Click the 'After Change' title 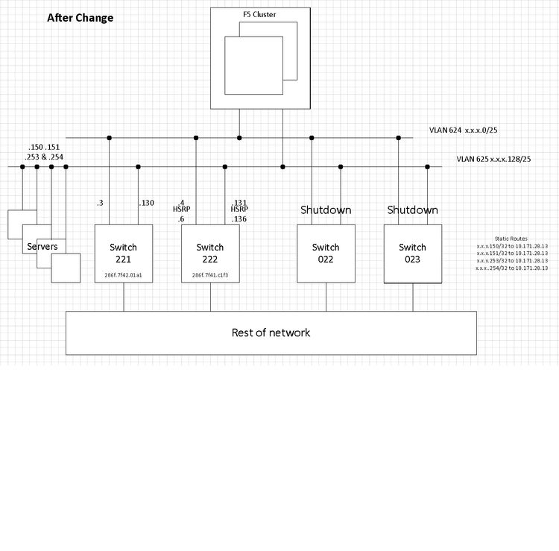(80, 18)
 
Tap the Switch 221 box (123, 254)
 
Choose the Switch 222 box (210, 254)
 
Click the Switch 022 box (326, 254)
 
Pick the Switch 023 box (412, 254)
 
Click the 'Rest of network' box (271, 333)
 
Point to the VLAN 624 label (463, 130)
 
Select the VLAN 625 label (494, 159)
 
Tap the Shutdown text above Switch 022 (326, 210)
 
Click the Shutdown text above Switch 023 (412, 210)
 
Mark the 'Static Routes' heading (511, 239)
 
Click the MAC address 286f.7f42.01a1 (123, 275)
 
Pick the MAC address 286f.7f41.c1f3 (210, 275)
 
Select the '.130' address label (146, 203)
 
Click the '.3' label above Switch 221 (100, 203)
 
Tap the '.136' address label (239, 218)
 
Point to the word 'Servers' (42, 246)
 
